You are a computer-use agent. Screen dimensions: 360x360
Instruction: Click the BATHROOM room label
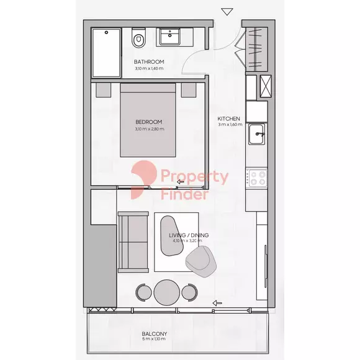[x=149, y=62]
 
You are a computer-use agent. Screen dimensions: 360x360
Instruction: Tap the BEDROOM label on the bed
[x=149, y=122]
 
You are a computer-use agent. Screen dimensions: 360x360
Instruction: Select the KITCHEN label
[x=228, y=119]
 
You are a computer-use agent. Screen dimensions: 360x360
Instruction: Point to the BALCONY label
[x=155, y=334]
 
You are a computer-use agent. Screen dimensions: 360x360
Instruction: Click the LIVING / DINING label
[x=189, y=235]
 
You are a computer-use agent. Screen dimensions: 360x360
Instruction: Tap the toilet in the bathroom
[x=138, y=38]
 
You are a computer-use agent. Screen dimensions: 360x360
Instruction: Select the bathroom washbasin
[x=169, y=36]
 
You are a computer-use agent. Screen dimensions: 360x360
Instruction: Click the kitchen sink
[x=257, y=134]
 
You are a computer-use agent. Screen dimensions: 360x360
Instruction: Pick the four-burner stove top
[x=257, y=178]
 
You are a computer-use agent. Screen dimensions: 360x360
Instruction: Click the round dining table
[x=167, y=292]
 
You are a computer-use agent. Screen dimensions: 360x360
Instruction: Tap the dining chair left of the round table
[x=143, y=292]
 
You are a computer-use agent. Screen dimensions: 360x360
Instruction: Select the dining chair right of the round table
[x=190, y=292]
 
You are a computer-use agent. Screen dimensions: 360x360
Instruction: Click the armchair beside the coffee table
[x=202, y=262]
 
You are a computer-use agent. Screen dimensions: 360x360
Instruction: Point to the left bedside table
[x=103, y=90]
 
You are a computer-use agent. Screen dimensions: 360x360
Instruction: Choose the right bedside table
[x=189, y=90]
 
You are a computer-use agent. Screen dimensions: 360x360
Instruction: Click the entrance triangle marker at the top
[x=227, y=12]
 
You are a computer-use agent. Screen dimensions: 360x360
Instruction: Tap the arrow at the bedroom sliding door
[x=181, y=182]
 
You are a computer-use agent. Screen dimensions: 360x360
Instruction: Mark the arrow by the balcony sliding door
[x=217, y=303]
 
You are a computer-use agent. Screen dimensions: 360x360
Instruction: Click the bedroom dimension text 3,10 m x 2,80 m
[x=150, y=129]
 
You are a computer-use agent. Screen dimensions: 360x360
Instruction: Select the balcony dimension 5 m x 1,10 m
[x=154, y=339]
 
